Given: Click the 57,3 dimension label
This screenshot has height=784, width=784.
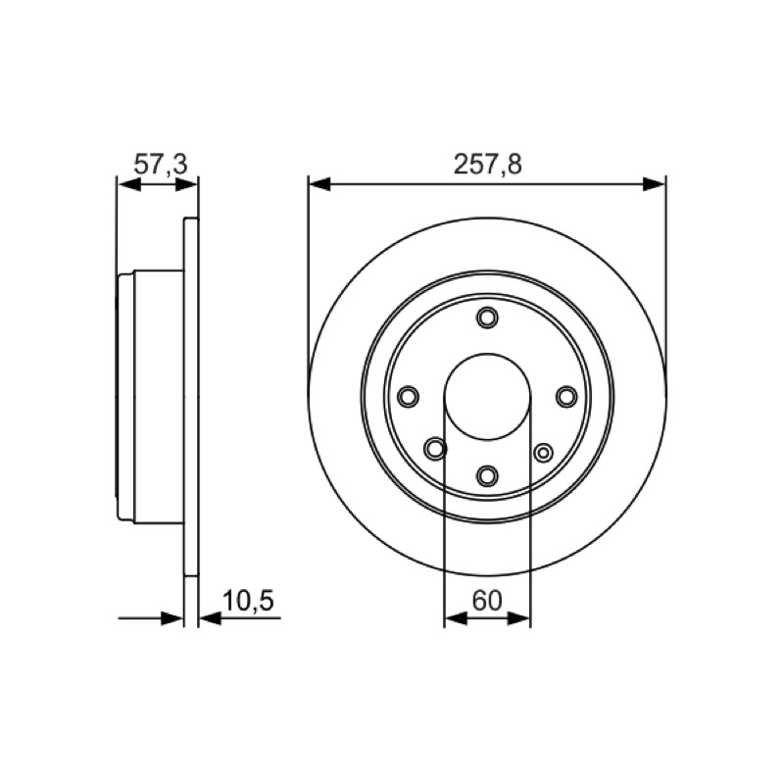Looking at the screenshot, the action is pyautogui.click(x=161, y=164).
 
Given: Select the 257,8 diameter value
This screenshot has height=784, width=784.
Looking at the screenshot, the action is pyautogui.click(x=487, y=164).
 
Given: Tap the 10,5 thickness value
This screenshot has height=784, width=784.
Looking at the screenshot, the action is pyautogui.click(x=248, y=601).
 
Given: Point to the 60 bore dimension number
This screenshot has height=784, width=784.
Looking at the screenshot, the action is pyautogui.click(x=486, y=601).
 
